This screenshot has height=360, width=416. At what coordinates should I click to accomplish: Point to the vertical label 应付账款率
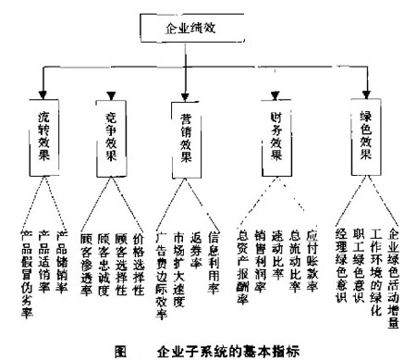[312, 254]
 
